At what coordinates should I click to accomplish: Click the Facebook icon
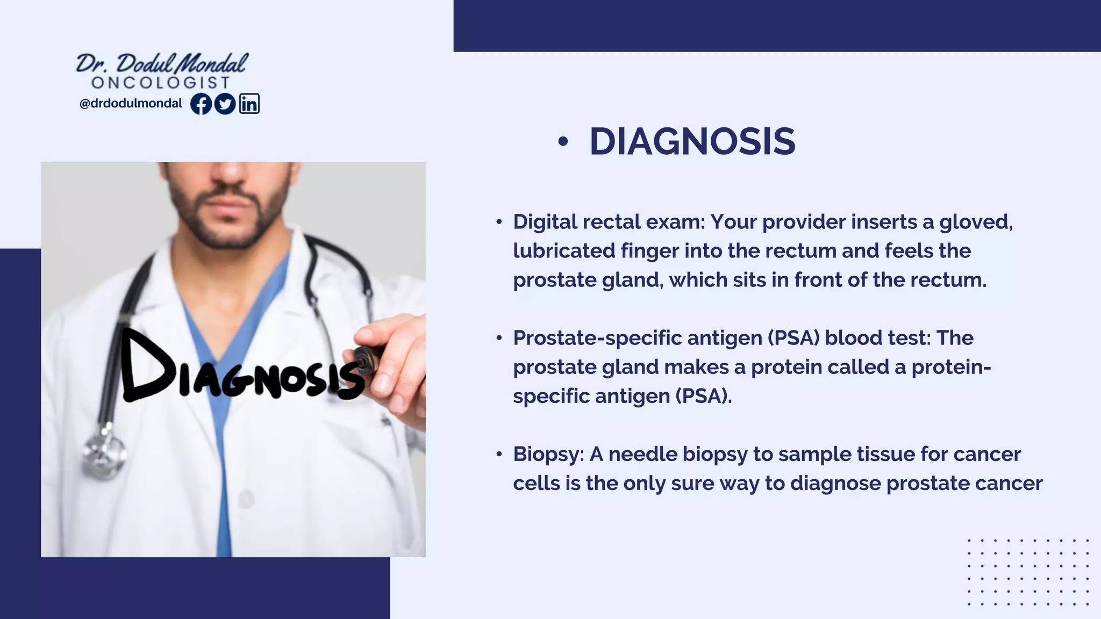pos(201,104)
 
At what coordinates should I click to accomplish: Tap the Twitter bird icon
pos(225,104)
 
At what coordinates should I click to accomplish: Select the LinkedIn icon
pos(249,104)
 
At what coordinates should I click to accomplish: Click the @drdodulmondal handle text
pos(131,104)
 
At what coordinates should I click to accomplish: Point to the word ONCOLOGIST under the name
pos(161,83)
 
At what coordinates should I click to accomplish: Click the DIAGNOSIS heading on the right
pos(692,142)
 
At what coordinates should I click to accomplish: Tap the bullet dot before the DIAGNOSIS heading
pos(562,142)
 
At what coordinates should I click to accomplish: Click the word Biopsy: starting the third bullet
pos(548,455)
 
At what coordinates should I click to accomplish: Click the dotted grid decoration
pos(1028,572)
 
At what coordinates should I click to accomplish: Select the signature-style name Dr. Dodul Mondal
pos(161,63)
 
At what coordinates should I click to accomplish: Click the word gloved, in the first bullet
pos(976,222)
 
